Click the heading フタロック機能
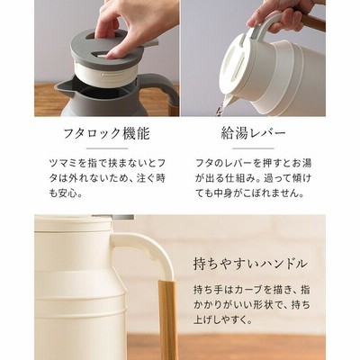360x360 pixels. point(107,133)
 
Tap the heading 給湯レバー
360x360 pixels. point(254,133)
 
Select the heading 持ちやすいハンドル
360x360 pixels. point(250,264)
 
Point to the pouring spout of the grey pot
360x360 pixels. point(65,86)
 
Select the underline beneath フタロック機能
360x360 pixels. point(107,148)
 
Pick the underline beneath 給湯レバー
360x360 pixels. point(254,148)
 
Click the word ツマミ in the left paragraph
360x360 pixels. point(64,163)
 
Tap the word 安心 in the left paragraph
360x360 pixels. point(68,193)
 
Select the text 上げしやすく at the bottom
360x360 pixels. point(223,320)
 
